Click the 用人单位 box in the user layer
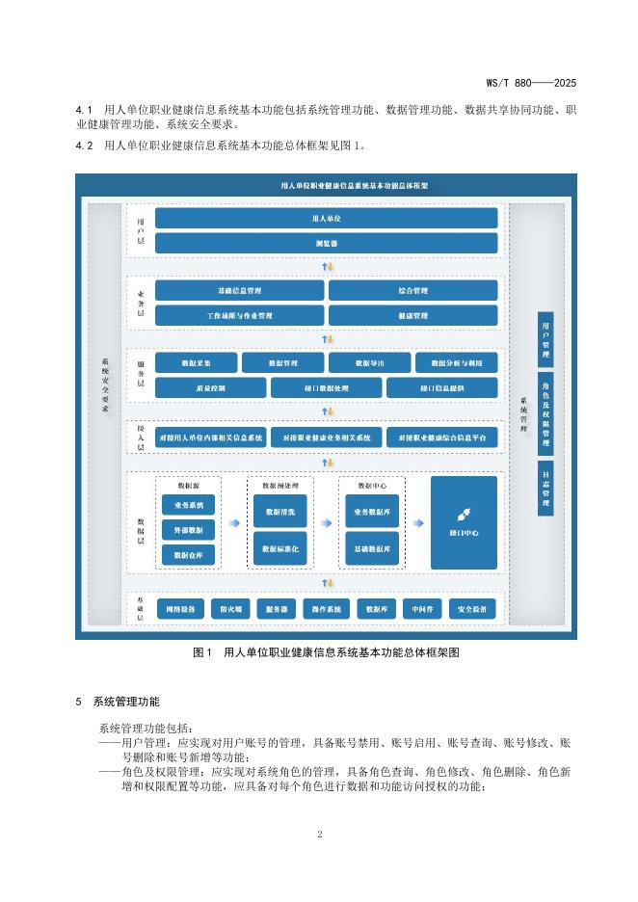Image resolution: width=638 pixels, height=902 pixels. coord(326,219)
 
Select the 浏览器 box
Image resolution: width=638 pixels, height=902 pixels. coord(326,243)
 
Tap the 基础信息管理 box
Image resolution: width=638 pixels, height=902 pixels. coord(239,290)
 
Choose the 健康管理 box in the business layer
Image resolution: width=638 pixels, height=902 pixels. coord(412,315)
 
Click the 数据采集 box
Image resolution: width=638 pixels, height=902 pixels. coord(196,362)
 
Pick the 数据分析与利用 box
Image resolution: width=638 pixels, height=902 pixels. coord(457,362)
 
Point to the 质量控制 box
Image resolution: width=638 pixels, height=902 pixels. coord(210,387)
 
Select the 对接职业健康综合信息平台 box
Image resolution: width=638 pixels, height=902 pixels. coord(442,438)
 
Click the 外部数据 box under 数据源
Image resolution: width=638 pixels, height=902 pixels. coord(188,529)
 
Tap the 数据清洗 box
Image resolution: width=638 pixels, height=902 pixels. coord(279,512)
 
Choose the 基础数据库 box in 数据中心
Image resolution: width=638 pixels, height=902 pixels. coord(372,548)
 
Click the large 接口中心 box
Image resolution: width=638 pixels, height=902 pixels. coord(464,522)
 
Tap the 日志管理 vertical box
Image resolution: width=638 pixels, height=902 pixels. coord(545,489)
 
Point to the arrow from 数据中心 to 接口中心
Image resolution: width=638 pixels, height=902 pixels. coord(417,523)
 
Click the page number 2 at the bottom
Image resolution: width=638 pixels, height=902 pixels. coord(319,835)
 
